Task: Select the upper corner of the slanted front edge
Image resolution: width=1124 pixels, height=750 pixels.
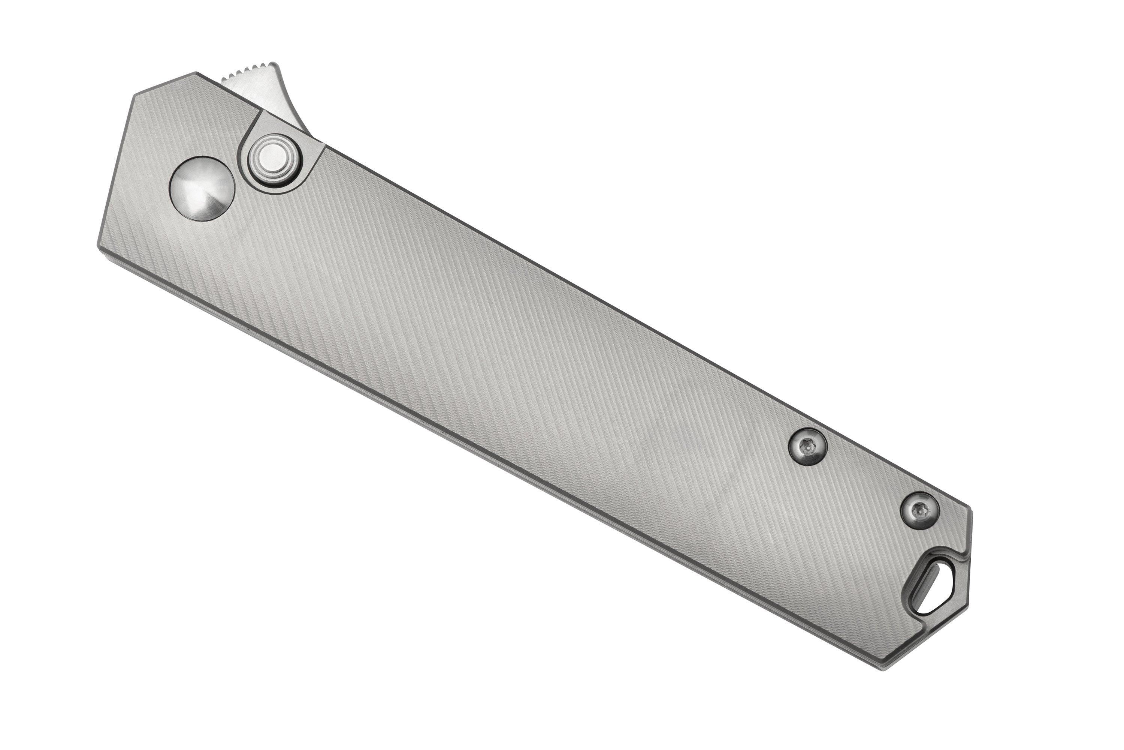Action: pyautogui.click(x=133, y=94)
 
